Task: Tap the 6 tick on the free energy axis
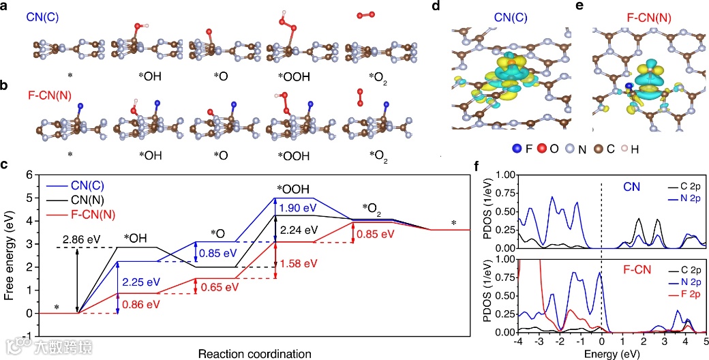pyautogui.click(x=29, y=175)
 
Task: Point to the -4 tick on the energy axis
pyautogui.click(x=519, y=341)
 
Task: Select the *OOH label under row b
pyautogui.click(x=294, y=155)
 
